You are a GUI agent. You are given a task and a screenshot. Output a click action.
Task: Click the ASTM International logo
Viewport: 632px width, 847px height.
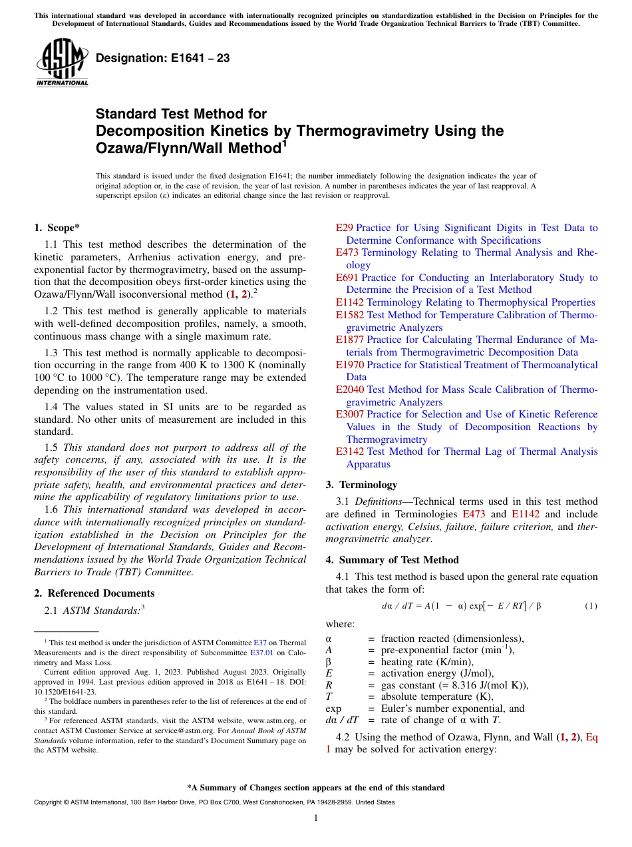coord(62,63)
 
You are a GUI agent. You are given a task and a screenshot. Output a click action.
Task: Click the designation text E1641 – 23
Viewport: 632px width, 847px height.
coord(163,58)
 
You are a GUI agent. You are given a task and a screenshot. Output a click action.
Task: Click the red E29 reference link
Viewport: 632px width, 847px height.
coord(345,228)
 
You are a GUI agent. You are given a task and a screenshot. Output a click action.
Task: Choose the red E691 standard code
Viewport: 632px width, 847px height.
coord(347,278)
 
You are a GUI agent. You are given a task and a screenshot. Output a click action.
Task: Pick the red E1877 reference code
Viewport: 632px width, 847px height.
coord(350,340)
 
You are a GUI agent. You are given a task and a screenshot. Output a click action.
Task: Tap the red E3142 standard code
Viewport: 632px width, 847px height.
coord(350,451)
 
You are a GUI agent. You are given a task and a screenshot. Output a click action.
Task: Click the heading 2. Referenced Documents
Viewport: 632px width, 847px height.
coord(94,593)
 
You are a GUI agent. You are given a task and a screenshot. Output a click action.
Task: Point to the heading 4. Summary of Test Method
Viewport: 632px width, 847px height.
coord(393,559)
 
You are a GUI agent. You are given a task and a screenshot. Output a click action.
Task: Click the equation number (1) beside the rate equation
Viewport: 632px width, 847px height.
coord(591,607)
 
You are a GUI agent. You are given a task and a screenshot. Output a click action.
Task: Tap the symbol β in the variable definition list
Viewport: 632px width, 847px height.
coord(328,662)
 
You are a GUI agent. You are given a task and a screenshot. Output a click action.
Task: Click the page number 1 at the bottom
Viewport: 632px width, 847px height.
coord(316,818)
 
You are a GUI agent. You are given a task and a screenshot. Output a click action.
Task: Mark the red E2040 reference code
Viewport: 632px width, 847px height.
coord(350,390)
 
